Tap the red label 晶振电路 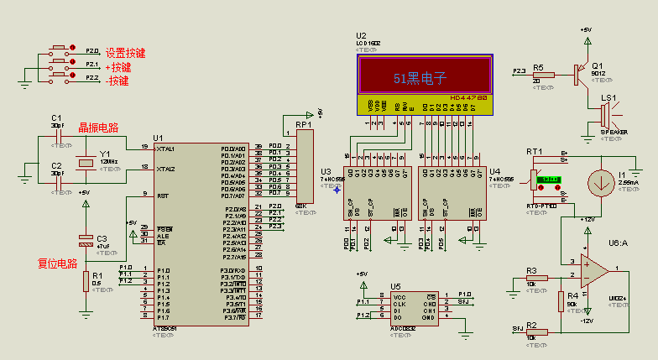coord(98,128)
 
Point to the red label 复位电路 coord(58,263)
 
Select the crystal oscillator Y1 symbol coord(85,161)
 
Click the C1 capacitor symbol coord(57,134)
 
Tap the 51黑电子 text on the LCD coord(420,78)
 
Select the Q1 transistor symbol coord(580,74)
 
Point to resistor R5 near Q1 coord(543,75)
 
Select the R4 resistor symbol coord(561,300)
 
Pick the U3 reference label coord(326,172)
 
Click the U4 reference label coord(495,172)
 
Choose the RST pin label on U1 coord(162,196)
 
